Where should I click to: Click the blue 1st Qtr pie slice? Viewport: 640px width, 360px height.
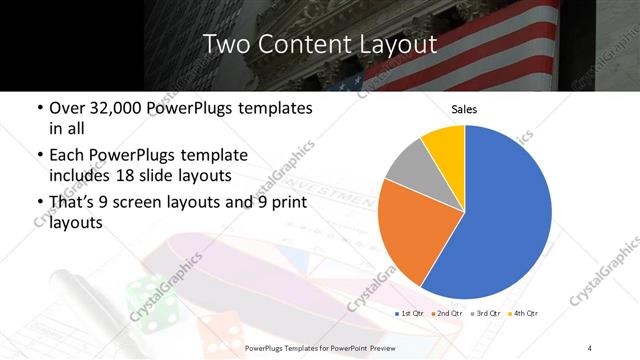[500, 215]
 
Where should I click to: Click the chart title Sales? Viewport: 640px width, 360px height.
[464, 108]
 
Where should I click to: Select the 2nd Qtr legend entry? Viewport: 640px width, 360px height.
[447, 314]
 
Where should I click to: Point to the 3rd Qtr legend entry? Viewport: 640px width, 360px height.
[485, 314]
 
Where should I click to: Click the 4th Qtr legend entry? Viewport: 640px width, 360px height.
[523, 314]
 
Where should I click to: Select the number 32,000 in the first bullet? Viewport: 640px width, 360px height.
[113, 107]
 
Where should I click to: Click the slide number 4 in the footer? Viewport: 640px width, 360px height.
[590, 348]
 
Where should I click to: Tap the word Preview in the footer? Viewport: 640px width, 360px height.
[401, 348]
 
